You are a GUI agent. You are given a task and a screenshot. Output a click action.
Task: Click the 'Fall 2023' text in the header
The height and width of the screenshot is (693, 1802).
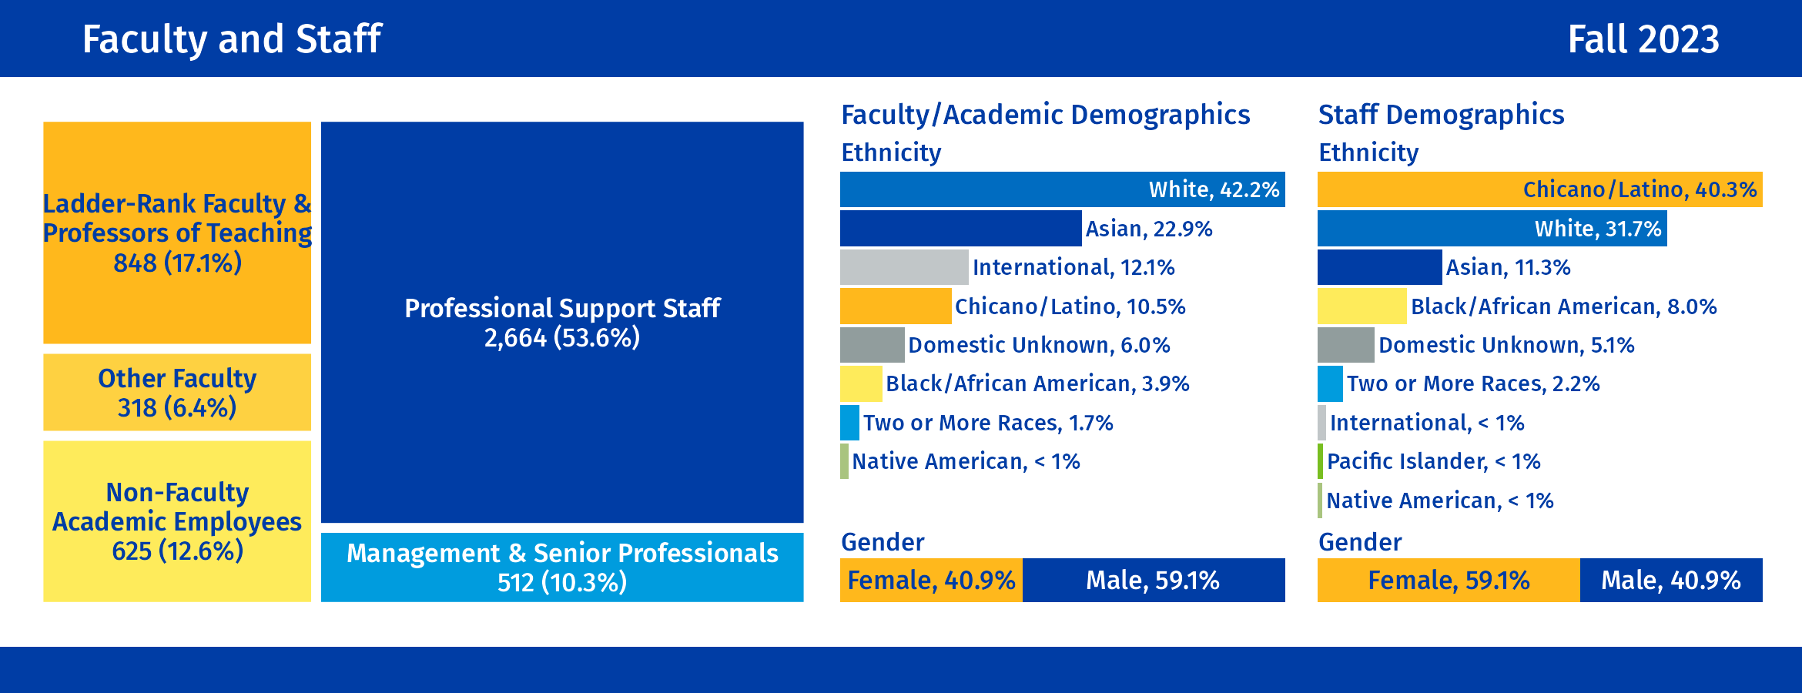point(1643,39)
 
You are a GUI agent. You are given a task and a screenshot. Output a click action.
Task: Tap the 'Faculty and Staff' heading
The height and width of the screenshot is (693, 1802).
point(232,39)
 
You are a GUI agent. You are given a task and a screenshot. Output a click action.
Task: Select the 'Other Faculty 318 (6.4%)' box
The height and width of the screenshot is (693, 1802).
point(177,393)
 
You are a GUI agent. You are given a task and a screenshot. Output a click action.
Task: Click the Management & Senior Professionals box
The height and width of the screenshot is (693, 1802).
point(562,567)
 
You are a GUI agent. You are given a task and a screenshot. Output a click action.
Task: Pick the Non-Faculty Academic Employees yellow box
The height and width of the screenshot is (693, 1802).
point(177,521)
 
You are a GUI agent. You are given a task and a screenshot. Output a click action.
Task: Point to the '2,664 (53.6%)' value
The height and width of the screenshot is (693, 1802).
point(562,338)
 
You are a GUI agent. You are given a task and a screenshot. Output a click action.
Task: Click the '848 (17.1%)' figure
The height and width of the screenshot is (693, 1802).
point(177,263)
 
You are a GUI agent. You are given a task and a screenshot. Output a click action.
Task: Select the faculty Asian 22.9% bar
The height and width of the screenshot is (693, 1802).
point(960,229)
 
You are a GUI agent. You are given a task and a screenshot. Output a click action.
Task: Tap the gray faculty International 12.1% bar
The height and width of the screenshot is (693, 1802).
point(903,267)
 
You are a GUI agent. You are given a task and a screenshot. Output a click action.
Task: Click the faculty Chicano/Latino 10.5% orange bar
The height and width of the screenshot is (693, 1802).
point(895,306)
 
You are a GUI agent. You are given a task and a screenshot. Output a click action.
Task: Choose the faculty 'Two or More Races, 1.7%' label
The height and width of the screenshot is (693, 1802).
point(988,423)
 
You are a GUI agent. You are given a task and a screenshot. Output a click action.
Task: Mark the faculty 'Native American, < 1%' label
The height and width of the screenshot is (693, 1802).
point(966,461)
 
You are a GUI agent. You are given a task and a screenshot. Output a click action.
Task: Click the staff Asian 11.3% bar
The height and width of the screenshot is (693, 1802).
point(1379,267)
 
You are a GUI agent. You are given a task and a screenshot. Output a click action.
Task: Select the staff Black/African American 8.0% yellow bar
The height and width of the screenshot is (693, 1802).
point(1362,306)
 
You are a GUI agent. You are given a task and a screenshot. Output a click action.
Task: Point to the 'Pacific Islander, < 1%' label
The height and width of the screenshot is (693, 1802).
point(1433,461)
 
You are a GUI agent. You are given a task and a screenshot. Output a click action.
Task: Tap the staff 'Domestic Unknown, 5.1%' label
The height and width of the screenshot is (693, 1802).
point(1506,345)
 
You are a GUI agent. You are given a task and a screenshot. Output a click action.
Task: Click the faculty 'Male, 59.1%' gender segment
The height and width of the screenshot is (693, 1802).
point(1153,580)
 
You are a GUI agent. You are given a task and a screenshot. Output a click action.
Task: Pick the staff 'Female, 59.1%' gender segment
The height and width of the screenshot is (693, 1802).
point(1448,580)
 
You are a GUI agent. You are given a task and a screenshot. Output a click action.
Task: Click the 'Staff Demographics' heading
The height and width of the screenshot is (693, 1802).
point(1441,115)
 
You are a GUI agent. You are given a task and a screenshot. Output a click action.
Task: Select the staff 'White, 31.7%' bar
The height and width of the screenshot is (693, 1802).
point(1492,229)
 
